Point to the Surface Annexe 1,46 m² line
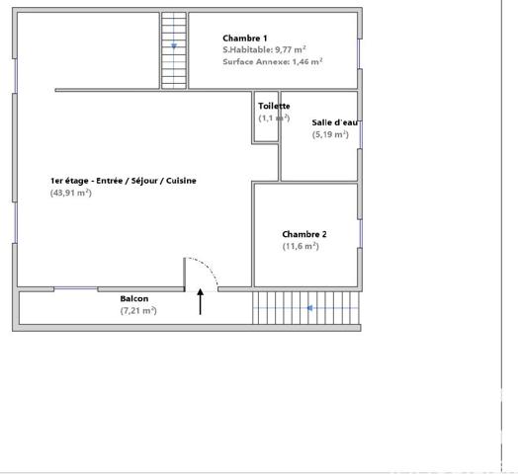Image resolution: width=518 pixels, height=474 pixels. [273, 61]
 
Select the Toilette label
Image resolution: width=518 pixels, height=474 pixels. [273, 106]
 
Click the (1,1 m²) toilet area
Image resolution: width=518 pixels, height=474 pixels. [273, 118]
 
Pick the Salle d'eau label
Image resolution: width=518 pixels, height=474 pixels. [335, 122]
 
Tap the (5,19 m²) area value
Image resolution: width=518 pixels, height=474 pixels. [329, 134]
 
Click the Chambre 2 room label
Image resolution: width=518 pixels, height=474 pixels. [304, 234]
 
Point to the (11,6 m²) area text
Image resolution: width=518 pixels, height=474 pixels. [301, 246]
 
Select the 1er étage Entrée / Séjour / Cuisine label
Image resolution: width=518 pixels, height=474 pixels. [124, 181]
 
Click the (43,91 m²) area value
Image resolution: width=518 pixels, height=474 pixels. [70, 193]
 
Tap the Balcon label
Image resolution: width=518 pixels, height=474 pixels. [134, 298]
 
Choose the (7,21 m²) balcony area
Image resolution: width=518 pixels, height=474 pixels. [137, 310]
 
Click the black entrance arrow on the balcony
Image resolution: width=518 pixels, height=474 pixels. [201, 301]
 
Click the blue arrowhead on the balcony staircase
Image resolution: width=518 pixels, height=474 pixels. [309, 308]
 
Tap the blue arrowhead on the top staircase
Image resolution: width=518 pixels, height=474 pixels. [174, 45]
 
